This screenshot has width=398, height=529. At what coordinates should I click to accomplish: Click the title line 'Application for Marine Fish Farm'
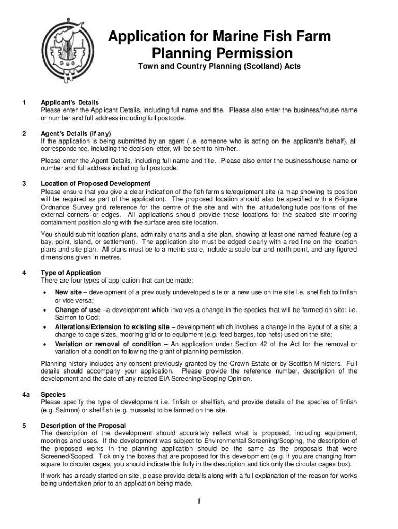[219, 37]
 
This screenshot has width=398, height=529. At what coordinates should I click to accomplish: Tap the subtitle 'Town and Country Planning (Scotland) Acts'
[219, 67]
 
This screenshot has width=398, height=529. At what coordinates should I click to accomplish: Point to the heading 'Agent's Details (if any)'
[76, 133]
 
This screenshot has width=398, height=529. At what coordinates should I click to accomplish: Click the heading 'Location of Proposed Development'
[96, 183]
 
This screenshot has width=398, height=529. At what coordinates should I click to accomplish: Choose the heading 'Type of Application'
[71, 272]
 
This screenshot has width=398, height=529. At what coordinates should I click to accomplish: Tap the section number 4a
[25, 394]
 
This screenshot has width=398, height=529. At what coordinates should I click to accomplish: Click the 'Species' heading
[53, 394]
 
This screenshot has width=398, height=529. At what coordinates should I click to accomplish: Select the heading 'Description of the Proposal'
[83, 425]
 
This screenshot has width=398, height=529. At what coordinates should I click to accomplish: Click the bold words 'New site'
[68, 292]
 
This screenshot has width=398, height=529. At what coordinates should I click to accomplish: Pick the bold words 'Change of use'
[78, 310]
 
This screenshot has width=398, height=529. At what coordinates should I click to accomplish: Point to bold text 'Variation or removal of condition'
[108, 344]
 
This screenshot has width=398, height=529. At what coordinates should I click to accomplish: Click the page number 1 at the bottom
[198, 501]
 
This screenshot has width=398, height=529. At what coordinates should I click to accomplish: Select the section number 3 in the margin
[24, 183]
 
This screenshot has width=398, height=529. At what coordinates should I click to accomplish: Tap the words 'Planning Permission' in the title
[222, 53]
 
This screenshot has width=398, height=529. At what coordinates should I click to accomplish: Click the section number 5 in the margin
[24, 425]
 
